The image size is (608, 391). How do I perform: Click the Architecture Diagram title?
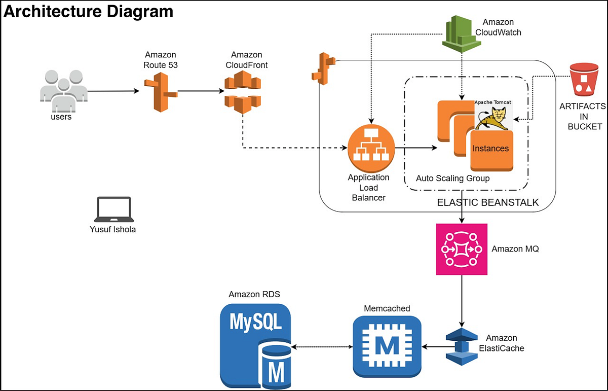(89, 11)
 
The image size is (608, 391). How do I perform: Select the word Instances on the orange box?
(490, 149)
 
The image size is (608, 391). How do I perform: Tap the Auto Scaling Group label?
(452, 179)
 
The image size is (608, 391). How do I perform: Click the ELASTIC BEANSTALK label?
(487, 203)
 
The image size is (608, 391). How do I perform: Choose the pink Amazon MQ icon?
(462, 250)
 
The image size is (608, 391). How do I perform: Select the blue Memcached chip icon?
(387, 347)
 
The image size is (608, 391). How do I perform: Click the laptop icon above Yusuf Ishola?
(113, 209)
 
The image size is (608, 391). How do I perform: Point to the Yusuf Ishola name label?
(112, 229)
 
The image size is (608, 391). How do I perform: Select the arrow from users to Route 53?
(112, 92)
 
